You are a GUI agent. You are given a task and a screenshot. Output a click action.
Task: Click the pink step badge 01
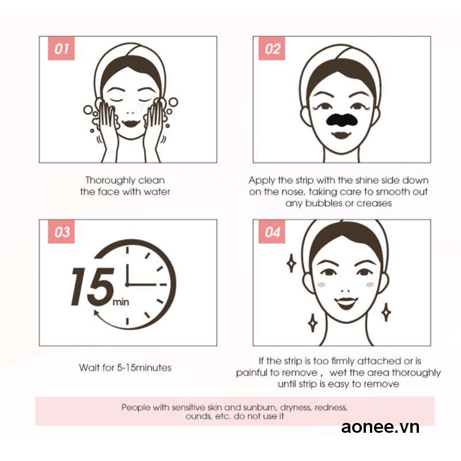61,48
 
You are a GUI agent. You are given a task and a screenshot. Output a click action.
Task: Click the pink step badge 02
271,48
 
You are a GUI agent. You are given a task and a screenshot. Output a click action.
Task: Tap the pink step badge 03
61,232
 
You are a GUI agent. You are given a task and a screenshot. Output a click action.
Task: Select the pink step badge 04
271,232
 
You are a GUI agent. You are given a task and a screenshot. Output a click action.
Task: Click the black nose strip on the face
342,120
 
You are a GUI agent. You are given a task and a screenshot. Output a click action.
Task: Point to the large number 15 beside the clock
93,286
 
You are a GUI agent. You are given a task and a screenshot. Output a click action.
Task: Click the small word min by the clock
121,302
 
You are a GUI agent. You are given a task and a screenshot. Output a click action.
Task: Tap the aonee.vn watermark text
380,426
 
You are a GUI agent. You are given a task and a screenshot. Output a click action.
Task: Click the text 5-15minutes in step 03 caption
144,368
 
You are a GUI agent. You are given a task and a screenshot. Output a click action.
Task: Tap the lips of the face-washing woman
131,123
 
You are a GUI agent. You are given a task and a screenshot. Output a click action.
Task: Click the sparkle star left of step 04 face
292,263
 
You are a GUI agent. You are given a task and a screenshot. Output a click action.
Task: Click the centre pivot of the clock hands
127,285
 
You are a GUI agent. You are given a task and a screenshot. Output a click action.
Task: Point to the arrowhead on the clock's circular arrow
96,313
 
